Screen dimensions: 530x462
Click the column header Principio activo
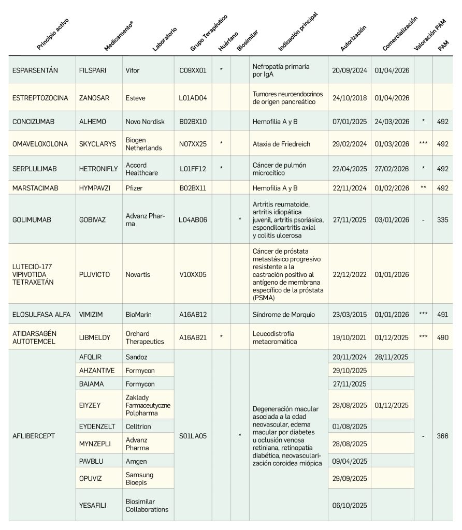(52, 34)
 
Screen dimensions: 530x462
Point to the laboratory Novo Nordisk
(143, 122)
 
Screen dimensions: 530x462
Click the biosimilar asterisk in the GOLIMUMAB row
(240, 219)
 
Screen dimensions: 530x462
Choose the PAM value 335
(442, 219)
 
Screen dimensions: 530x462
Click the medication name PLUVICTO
(94, 274)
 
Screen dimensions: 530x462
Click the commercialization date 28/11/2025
(392, 357)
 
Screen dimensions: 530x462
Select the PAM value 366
(442, 436)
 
